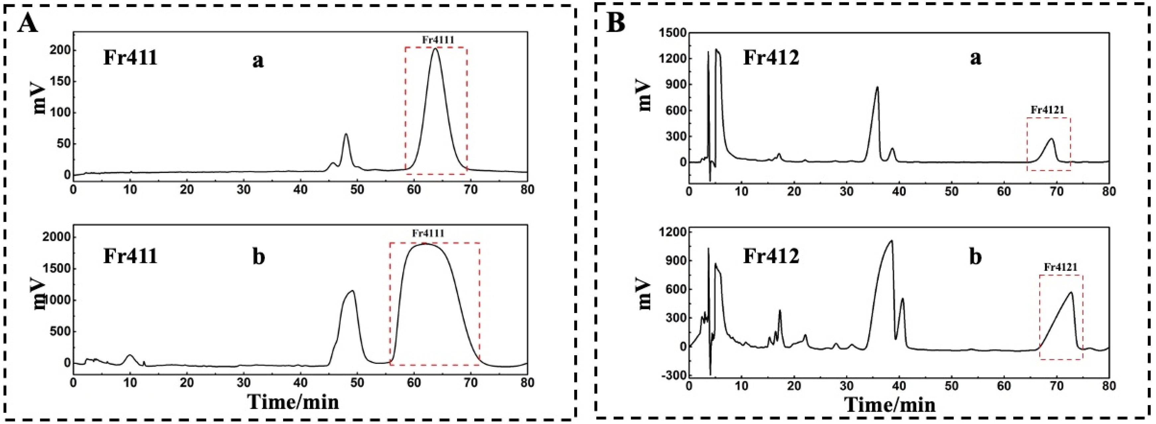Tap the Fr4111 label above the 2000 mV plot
click(x=428, y=233)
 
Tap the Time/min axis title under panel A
click(x=294, y=401)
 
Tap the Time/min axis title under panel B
click(x=891, y=404)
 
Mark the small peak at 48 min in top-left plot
click(x=346, y=134)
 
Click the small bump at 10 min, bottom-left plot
click(x=130, y=355)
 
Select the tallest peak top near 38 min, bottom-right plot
click(x=891, y=241)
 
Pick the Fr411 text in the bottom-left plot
click(x=130, y=256)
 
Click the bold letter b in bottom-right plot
click(x=975, y=257)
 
